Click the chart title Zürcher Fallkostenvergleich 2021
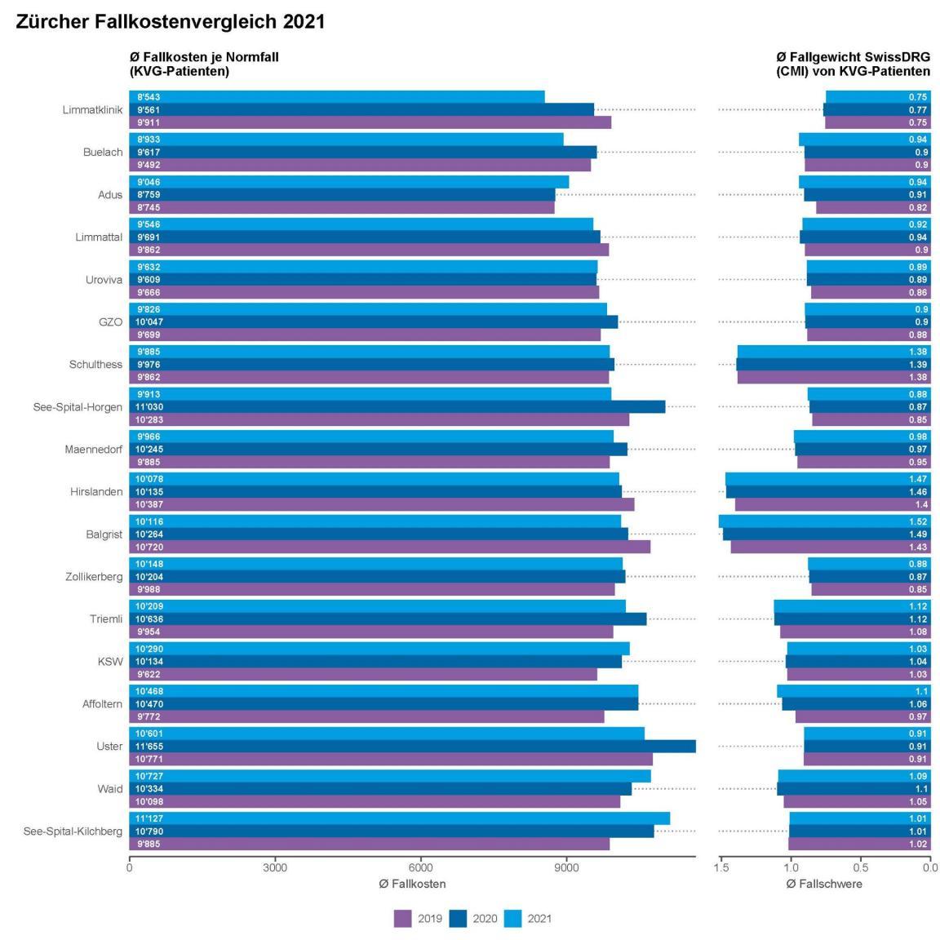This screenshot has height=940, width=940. pyautogui.click(x=170, y=23)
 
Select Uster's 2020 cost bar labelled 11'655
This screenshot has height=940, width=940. pyautogui.click(x=412, y=747)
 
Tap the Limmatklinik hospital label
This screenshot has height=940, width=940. pyautogui.click(x=92, y=110)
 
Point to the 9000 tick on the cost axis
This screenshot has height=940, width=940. pyautogui.click(x=566, y=867)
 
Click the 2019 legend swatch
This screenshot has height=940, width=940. pyautogui.click(x=403, y=919)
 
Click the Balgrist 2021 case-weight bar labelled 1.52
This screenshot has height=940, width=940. pyautogui.click(x=824, y=521)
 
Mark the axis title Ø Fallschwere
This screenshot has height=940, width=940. pyautogui.click(x=824, y=884)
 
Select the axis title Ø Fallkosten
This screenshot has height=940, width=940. pyautogui.click(x=412, y=884)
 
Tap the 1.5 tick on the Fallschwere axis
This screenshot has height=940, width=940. pyautogui.click(x=721, y=867)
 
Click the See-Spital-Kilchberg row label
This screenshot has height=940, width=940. pyautogui.click(x=73, y=831)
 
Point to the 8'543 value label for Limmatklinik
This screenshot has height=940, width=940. pyautogui.click(x=149, y=97)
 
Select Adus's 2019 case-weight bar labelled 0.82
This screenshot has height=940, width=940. pyautogui.click(x=873, y=207)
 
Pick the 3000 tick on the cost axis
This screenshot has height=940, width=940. pyautogui.click(x=275, y=867)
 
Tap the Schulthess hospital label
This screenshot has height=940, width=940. pyautogui.click(x=95, y=365)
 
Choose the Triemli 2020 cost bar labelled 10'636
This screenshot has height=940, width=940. pyautogui.click(x=388, y=619)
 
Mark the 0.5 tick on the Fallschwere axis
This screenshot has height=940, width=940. pyautogui.click(x=861, y=867)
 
